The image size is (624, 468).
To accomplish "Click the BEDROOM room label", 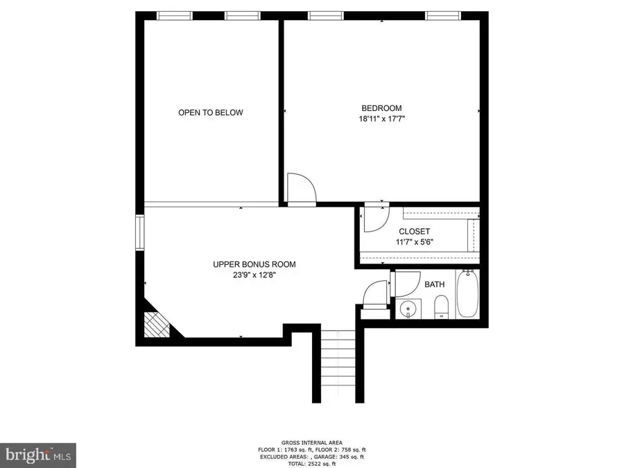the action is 381,108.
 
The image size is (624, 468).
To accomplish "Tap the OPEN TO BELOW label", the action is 211,112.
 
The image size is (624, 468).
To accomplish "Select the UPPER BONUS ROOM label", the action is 254,264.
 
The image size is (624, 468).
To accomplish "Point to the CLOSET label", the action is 415,231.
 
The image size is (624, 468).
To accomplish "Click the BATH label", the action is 435,284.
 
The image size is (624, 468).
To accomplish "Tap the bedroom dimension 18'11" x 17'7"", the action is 381,119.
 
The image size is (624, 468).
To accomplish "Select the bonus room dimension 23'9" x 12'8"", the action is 254,275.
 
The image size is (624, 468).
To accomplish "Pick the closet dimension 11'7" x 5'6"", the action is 415,241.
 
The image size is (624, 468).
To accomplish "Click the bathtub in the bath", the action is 467,294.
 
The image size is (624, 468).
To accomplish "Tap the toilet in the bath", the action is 441,307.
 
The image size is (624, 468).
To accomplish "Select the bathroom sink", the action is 408,309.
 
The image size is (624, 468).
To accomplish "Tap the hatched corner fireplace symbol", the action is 157,324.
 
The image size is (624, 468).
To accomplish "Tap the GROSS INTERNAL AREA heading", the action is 311,442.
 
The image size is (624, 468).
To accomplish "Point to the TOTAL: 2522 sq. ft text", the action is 311,464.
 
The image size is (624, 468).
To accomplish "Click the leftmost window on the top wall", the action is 174,15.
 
